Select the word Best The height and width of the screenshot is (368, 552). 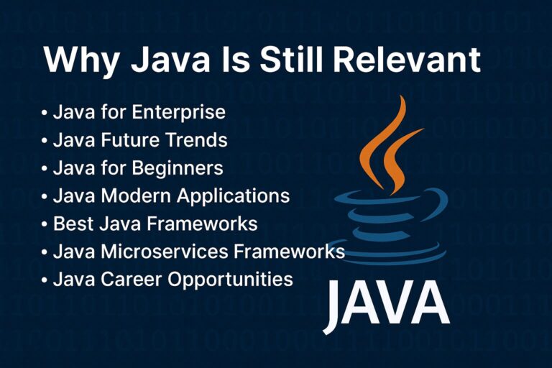(71, 224)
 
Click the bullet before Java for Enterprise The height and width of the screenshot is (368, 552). (45, 113)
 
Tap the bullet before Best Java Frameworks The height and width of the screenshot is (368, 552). (45, 224)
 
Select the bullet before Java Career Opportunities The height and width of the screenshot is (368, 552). (45, 279)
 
